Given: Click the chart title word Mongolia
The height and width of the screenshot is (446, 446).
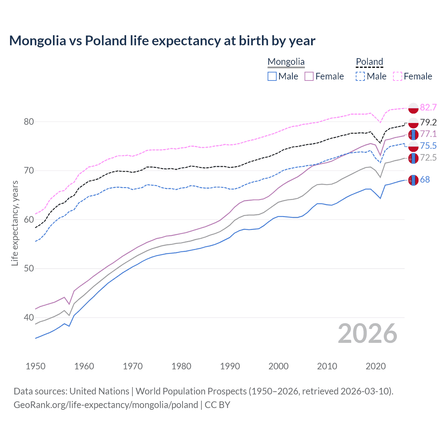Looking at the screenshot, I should tap(37, 41).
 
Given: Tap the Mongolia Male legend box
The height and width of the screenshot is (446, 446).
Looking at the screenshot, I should tap(272, 76).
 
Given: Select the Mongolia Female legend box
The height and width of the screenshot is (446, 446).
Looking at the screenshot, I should tap(309, 76).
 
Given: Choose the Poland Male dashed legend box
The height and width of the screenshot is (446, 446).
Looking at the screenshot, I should tap(360, 76).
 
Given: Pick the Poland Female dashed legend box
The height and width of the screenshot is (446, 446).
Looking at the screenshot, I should tap(397, 76).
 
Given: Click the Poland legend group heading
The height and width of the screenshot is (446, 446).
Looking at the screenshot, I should tap(369, 62).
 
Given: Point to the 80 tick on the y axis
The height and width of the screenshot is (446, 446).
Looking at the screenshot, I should tap(29, 122).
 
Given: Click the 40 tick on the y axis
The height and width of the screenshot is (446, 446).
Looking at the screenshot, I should tap(29, 317).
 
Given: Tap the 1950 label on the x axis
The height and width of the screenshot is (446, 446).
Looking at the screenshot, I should tap(36, 366).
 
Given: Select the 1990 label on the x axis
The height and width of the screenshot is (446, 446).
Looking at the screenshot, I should tap(230, 366).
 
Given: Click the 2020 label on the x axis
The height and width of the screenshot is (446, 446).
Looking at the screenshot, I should tap(376, 366).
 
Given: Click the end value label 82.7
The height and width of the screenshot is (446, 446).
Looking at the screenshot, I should tap(428, 107).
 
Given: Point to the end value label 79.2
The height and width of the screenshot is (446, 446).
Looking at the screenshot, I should tap(428, 122).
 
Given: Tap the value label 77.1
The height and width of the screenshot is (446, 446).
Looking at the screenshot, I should tap(428, 134).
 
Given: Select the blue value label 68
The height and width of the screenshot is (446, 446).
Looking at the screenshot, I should tap(425, 180).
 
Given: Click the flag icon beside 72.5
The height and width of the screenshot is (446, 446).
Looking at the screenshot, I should tap(413, 158).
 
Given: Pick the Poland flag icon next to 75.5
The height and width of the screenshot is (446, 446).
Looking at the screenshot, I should tap(413, 146).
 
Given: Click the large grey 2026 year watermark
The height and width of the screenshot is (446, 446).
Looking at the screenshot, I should tap(367, 333).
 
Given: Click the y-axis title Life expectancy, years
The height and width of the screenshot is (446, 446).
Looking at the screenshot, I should tap(15, 223).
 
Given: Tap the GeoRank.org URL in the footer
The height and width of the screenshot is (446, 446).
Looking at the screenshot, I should tap(106, 405).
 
